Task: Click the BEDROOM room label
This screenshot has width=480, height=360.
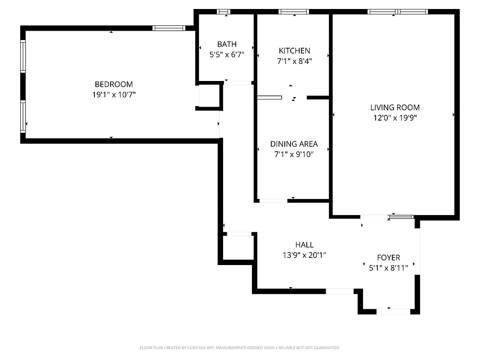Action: [x=113, y=84]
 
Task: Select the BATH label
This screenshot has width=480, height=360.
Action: [x=227, y=44]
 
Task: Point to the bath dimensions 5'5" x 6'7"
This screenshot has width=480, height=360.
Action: [x=227, y=54]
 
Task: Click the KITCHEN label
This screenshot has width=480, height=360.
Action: [x=294, y=51]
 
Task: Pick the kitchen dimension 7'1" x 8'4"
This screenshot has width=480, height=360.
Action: [x=294, y=61]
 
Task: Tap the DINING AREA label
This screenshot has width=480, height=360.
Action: [x=294, y=144]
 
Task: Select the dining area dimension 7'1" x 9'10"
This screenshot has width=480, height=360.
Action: [x=294, y=154]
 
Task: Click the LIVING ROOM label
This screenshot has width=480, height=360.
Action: [x=395, y=108]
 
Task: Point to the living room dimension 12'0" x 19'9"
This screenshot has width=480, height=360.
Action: [x=395, y=118]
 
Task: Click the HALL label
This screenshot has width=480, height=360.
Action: [x=304, y=245]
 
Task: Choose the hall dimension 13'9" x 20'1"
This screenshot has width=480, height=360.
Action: [x=304, y=255]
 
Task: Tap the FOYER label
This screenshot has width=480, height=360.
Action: [x=388, y=257]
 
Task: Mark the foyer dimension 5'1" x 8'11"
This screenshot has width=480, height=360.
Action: [x=388, y=268]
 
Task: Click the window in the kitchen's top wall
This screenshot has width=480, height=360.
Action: [x=294, y=12]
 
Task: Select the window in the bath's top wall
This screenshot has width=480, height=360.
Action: [x=223, y=12]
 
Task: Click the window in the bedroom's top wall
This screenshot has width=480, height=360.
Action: [x=169, y=28]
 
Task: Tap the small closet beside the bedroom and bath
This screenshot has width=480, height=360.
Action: [x=209, y=95]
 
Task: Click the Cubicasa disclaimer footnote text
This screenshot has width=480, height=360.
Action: [x=240, y=348]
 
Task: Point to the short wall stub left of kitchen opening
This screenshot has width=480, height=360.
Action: [x=269, y=97]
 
